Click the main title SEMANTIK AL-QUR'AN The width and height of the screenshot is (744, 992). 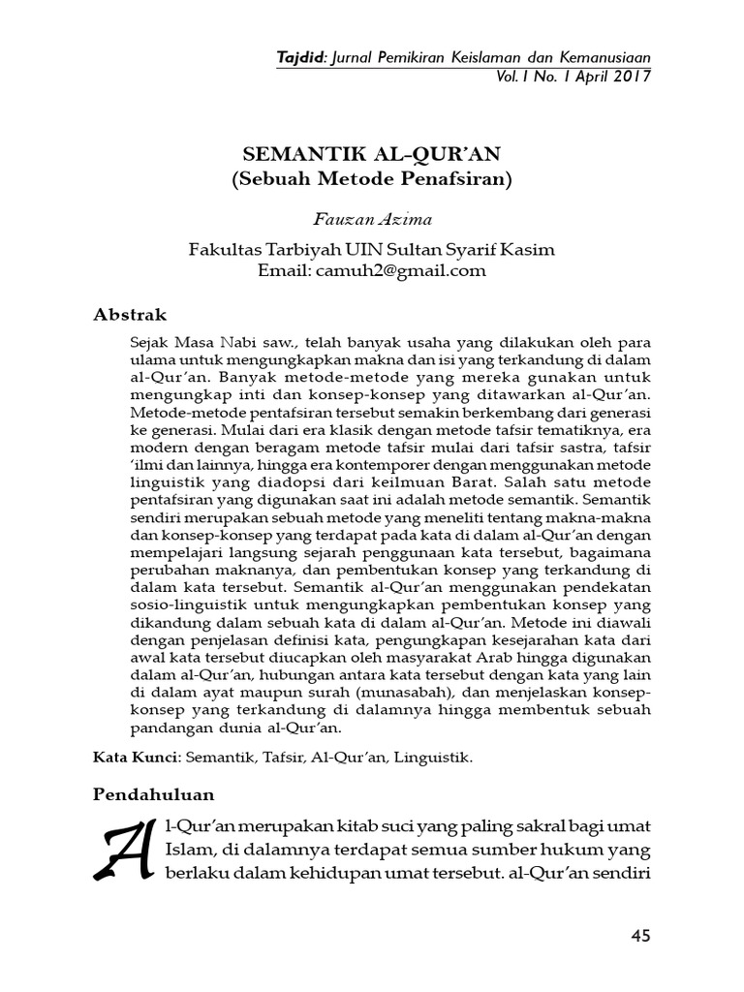(x=371, y=155)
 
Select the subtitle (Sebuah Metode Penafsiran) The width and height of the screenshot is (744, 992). (x=371, y=179)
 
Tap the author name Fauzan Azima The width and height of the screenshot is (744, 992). (x=371, y=220)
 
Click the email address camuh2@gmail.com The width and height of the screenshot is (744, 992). (x=400, y=270)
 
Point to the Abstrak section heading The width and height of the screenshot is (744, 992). (x=130, y=315)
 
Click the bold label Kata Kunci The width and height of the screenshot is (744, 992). (x=123, y=757)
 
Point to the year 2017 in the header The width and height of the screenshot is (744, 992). (x=630, y=76)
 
